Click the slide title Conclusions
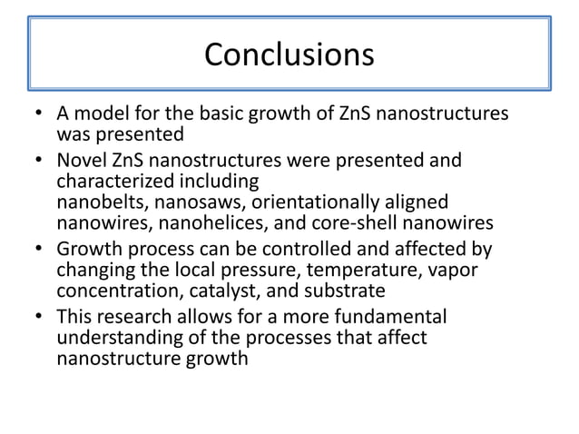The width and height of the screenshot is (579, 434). pyautogui.click(x=289, y=54)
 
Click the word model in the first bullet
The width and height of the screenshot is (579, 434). pyautogui.click(x=101, y=116)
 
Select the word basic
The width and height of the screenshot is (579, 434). pyautogui.click(x=211, y=116)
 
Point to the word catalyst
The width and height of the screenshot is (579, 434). pyautogui.click(x=201, y=291)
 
